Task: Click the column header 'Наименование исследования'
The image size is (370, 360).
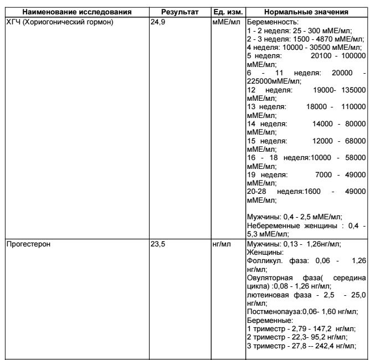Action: pyautogui.click(x=76, y=12)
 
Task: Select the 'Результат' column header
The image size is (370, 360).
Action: pyautogui.click(x=181, y=12)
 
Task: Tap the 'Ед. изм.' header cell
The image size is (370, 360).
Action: pyautogui.click(x=227, y=12)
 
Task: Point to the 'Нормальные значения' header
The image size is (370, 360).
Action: pyautogui.click(x=306, y=12)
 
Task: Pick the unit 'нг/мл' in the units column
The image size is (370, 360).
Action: pyautogui.click(x=222, y=242)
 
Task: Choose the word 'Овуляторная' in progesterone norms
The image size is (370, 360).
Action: pyautogui.click(x=270, y=279)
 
